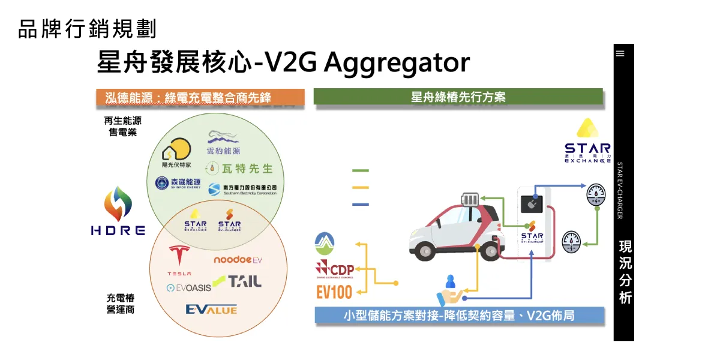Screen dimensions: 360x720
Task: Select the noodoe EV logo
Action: [238, 260]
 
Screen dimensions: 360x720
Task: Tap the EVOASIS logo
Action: [189, 288]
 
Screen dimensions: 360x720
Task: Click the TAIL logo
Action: [238, 281]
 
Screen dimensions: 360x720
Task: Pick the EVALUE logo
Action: [211, 310]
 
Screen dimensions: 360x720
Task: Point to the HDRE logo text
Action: [118, 230]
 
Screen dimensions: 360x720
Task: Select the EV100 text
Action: [334, 292]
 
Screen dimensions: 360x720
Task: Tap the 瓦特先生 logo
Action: [239, 169]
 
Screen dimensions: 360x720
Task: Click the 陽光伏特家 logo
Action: [176, 153]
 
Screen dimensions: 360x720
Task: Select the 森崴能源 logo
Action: [178, 183]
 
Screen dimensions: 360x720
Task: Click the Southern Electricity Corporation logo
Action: [242, 189]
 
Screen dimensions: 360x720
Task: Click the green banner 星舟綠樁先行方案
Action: [458, 97]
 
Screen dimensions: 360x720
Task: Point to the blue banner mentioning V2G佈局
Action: [459, 315]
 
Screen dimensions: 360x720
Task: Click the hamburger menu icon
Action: [620, 53]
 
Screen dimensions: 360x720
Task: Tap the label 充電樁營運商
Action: [120, 304]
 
